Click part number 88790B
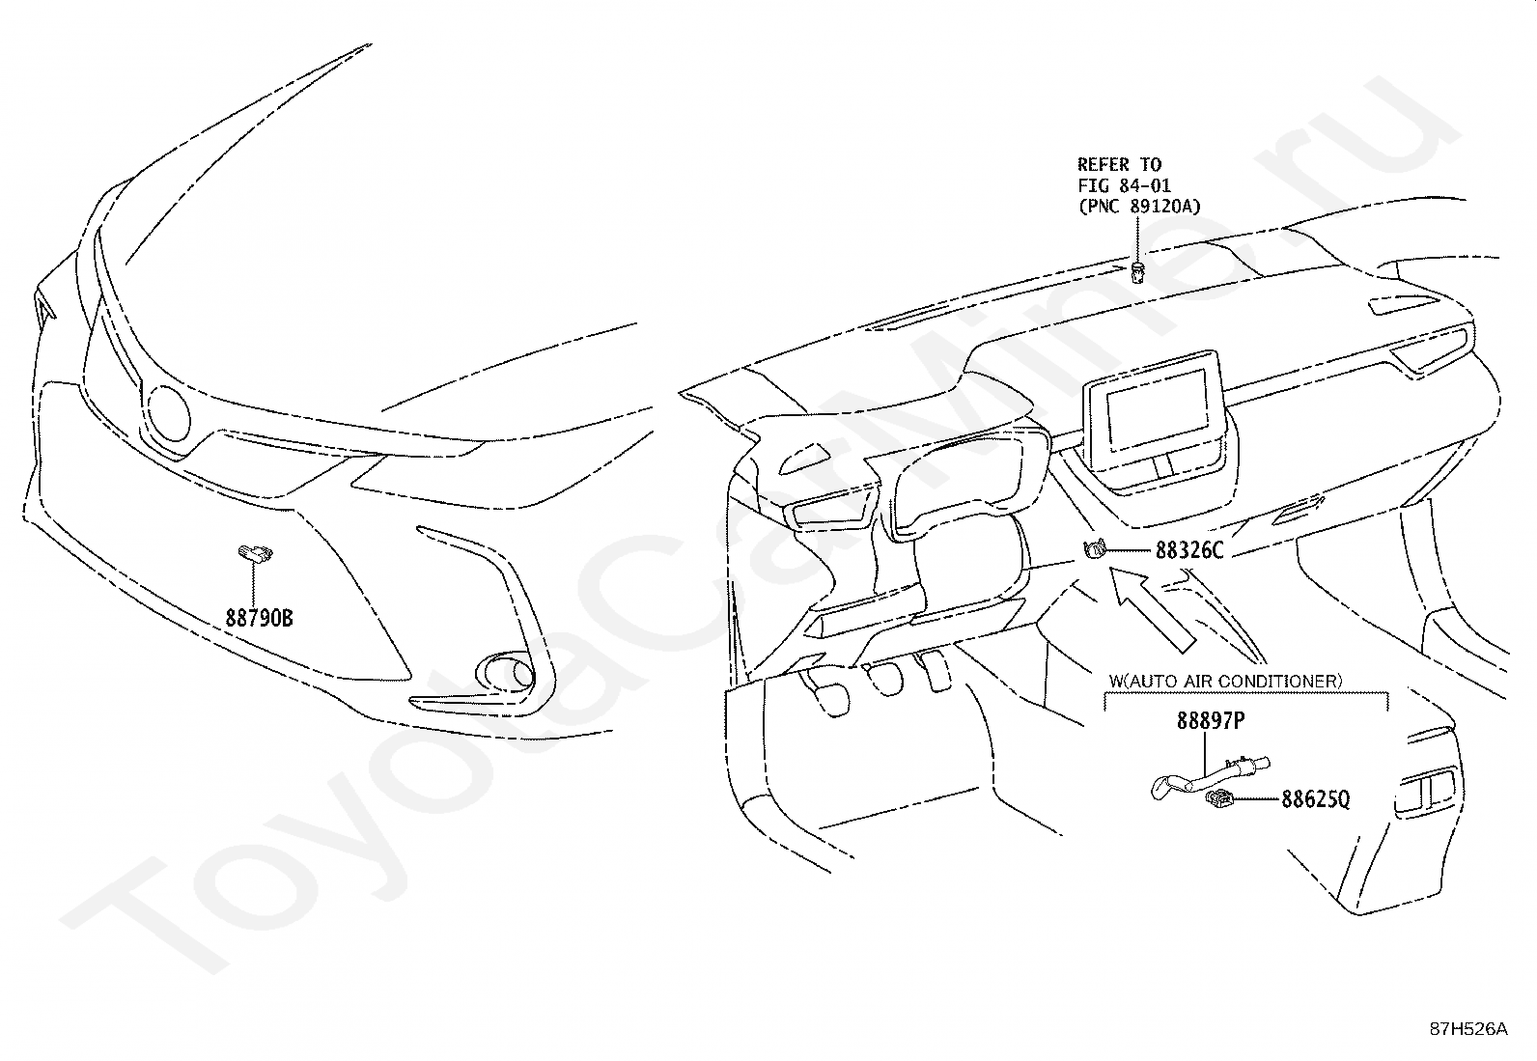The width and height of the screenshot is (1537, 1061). (x=259, y=617)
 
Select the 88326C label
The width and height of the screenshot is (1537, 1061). (x=1188, y=551)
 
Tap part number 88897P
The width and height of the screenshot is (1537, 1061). (x=1210, y=721)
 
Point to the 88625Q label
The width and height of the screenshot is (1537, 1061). (x=1315, y=799)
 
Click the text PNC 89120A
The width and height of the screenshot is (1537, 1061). (x=1139, y=206)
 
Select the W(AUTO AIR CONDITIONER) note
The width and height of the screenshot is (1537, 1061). (x=1225, y=681)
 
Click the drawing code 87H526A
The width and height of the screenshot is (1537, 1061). (x=1468, y=1029)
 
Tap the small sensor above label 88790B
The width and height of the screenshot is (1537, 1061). (x=255, y=552)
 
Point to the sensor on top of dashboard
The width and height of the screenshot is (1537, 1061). (x=1139, y=271)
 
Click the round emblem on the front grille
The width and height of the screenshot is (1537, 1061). (x=169, y=412)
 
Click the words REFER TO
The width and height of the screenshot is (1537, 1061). (x=1119, y=165)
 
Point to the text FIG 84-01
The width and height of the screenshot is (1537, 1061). (x=1125, y=185)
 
